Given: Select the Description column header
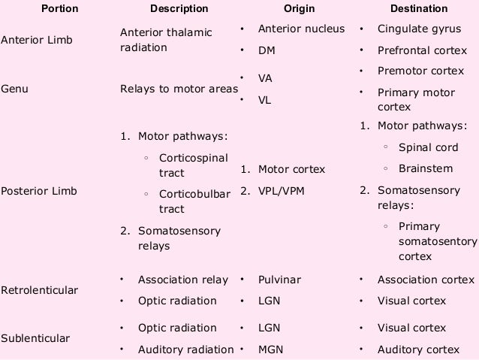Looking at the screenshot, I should point(179,9).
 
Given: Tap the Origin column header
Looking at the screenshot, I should point(299,9).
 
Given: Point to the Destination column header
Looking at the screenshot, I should point(418,9).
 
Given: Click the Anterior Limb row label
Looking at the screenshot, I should point(37,40).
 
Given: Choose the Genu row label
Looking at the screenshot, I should point(14,89).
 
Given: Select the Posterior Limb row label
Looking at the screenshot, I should point(38,191).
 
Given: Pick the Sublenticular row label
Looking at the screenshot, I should point(35,338).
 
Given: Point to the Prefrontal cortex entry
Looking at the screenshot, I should point(422,51).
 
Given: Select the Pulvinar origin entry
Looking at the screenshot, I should point(279,280).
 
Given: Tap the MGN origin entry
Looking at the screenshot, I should point(270,349).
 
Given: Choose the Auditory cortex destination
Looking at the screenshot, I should point(418,349).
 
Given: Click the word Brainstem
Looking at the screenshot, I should point(425,169).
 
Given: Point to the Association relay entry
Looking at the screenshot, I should point(182,280).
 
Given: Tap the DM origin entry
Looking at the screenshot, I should point(267,51).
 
